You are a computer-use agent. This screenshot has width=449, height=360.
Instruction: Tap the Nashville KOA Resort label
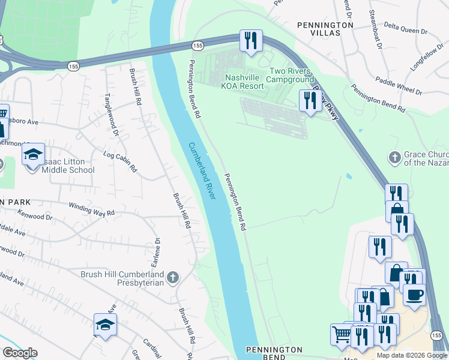pos(244,82)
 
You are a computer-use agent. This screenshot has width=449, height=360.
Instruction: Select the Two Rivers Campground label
pos(291,75)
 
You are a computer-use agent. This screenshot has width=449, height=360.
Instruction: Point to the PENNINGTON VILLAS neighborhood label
pos(325,29)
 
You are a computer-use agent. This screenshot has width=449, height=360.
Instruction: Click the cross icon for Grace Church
pos(394,157)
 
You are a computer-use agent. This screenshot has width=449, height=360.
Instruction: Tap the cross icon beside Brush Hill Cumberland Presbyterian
pos(173,277)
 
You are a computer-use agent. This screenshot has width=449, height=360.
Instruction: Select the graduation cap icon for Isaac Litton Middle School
pos(34,155)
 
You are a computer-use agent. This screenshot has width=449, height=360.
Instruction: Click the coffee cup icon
pos(415,295)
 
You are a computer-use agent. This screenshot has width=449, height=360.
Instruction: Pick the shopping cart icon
pos(342,334)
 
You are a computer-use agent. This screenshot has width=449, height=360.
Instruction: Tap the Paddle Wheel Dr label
pos(399,86)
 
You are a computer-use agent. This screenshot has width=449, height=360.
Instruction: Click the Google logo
pos(20,353)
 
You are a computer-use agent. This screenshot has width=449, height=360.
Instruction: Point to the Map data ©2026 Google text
pos(411,355)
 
